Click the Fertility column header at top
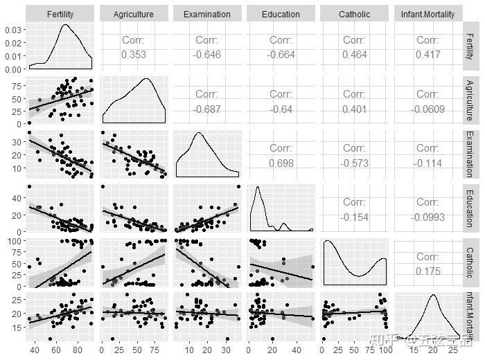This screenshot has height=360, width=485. [60, 14]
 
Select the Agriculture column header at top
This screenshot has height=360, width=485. [134, 14]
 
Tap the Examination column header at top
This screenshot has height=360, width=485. [207, 14]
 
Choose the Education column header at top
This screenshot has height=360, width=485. [281, 14]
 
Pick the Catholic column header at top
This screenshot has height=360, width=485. [354, 14]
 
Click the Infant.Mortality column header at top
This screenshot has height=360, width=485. [427, 14]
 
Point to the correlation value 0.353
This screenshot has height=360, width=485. [134, 54]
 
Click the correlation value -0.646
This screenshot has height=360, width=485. [207, 54]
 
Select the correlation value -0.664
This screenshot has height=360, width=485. [281, 54]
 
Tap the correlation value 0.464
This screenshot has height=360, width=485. [354, 54]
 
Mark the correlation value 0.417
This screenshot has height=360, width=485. [427, 54]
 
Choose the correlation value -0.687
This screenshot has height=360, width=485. [207, 108]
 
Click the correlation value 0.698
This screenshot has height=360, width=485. [281, 162]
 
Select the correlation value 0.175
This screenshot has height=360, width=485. [427, 270]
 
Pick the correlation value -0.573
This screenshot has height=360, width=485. [354, 162]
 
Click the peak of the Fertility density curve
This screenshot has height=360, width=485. [65, 26]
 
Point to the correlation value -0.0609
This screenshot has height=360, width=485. [427, 108]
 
